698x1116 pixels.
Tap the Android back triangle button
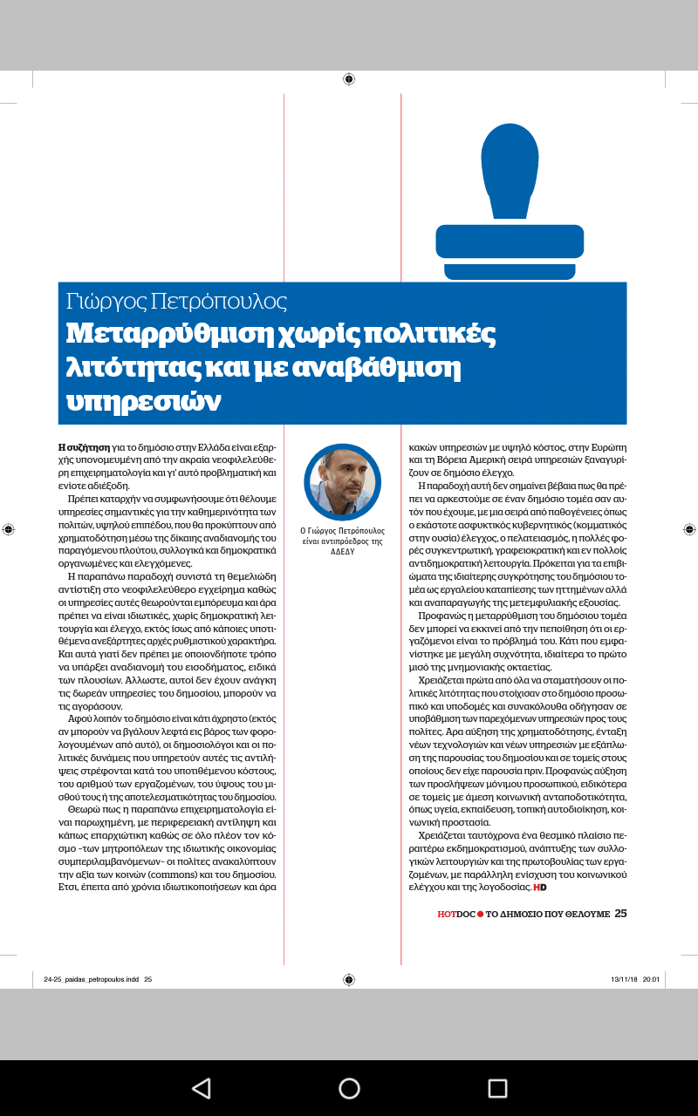pyautogui.click(x=202, y=1088)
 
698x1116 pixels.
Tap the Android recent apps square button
pyautogui.click(x=497, y=1088)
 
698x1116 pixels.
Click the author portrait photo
pyautogui.click(x=342, y=482)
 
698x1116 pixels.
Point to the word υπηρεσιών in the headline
pyautogui.click(x=145, y=401)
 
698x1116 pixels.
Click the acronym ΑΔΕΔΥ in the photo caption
pyautogui.click(x=342, y=552)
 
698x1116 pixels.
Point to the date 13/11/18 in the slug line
pyautogui.click(x=623, y=979)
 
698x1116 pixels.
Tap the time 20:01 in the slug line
pyautogui.click(x=651, y=979)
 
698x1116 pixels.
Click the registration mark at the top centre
pyautogui.click(x=349, y=79)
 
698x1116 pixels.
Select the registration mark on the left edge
pyautogui.click(x=9, y=528)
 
